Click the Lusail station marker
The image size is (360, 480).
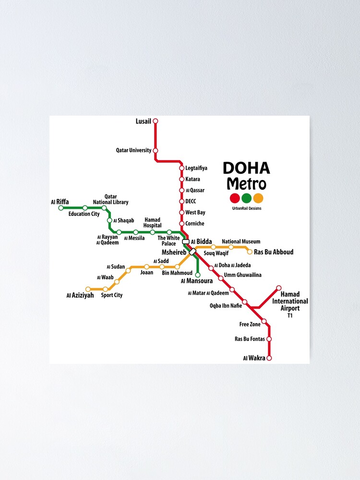155,121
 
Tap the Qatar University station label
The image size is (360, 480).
133,150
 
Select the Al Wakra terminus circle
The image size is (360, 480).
269,358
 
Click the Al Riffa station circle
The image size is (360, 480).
61,208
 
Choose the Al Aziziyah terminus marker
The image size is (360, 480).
88,289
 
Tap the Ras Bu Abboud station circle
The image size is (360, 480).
250,252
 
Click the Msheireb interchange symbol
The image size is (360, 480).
192,252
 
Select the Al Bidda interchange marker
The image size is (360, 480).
186,241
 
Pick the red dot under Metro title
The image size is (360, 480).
235,198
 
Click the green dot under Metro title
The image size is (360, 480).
246,198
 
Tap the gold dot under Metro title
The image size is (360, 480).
258,198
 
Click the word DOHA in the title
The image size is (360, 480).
246,168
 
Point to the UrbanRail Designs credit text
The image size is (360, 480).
247,208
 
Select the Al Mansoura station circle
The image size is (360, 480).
197,274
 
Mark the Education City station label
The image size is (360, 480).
84,214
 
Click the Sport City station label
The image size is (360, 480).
112,295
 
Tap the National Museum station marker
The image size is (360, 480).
231,247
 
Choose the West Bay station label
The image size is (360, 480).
195,213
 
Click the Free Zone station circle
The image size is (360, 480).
264,321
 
